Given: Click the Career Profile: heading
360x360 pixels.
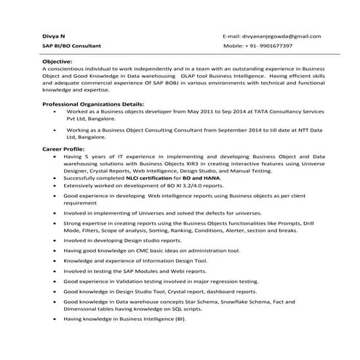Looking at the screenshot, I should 63,148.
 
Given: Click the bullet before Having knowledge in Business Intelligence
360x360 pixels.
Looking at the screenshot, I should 54,319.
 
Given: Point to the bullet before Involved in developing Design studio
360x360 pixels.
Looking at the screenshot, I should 54,239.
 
